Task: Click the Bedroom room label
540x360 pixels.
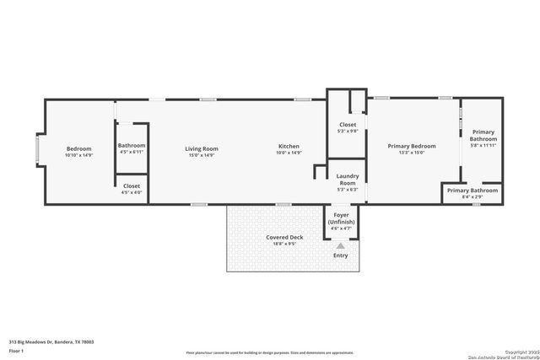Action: coord(78,149)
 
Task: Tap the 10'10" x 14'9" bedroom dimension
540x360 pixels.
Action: coord(78,155)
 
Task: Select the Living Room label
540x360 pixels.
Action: coord(202,149)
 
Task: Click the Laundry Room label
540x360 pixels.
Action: coord(348,180)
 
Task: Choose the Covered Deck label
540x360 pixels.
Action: coord(284,238)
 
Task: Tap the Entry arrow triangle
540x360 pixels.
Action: coord(341,246)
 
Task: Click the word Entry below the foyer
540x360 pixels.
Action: coord(341,255)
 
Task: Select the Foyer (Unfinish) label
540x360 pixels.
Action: coord(341,218)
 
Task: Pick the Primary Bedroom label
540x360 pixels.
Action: coord(411,147)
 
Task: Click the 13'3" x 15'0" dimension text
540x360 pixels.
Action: coord(411,153)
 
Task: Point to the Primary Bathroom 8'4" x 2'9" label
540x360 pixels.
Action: coord(472,192)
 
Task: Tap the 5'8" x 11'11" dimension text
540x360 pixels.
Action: coord(483,145)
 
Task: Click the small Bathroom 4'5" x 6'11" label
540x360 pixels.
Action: coord(132,148)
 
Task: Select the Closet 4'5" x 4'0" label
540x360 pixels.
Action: coord(132,188)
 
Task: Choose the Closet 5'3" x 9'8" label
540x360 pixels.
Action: coord(348,127)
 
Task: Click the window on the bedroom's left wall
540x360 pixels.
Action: coord(36,149)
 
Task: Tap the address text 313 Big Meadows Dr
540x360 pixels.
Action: coord(51,342)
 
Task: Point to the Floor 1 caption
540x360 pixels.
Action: coord(15,349)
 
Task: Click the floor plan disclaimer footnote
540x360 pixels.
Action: coord(270,352)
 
